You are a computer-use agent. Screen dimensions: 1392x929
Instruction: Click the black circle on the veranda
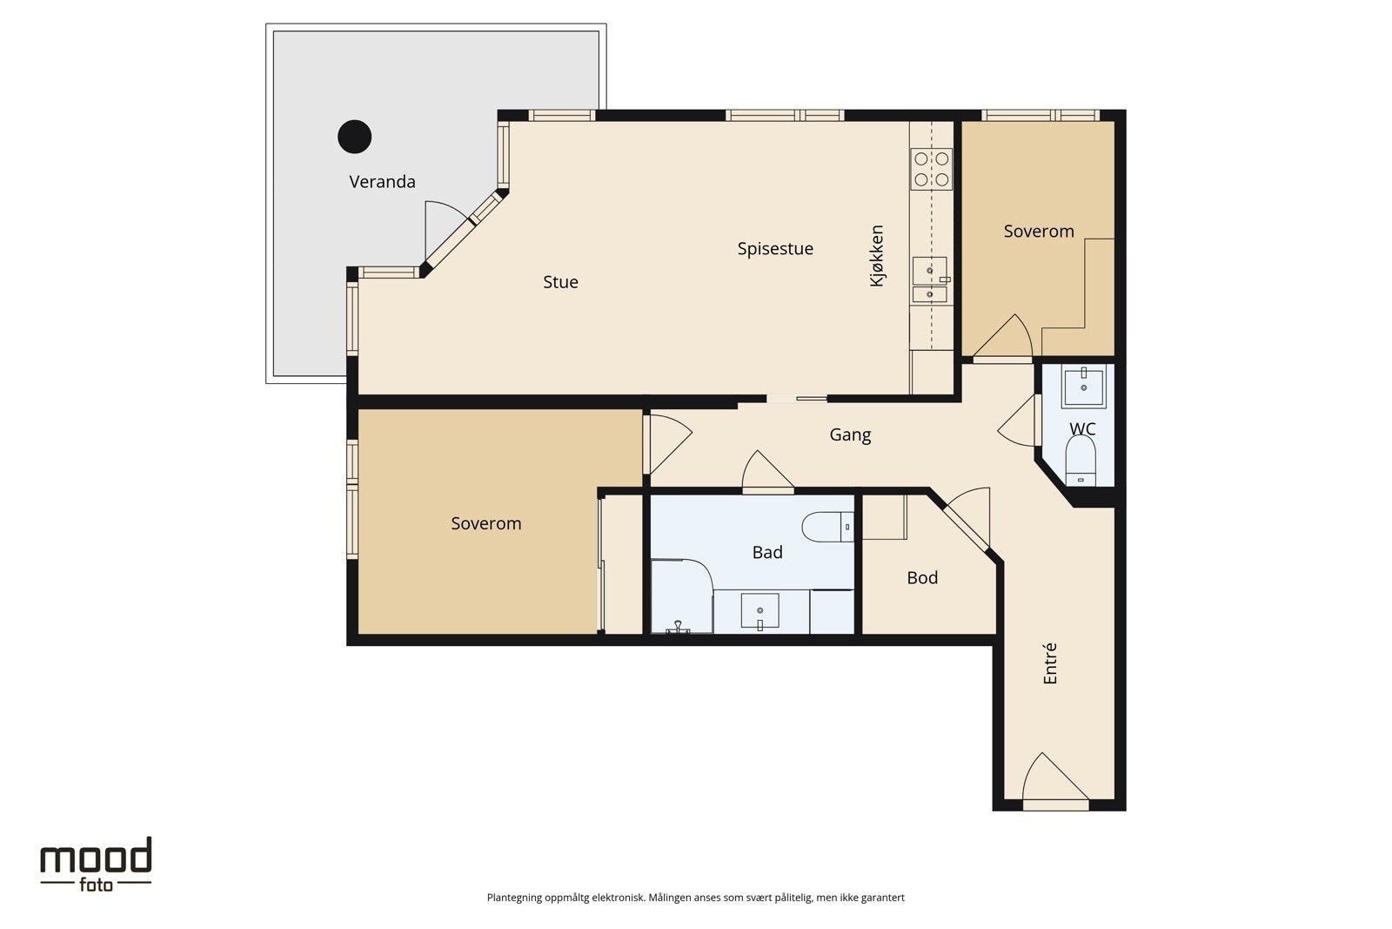click(355, 137)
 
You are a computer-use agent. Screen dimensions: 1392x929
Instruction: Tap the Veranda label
click(382, 182)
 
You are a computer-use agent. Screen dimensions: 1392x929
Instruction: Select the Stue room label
click(560, 282)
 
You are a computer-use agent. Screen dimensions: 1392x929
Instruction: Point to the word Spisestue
click(775, 249)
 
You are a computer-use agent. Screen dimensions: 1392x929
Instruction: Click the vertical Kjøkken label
click(876, 256)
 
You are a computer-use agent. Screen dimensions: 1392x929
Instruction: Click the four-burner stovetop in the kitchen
click(932, 169)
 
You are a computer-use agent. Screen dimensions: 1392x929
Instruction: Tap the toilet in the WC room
click(1081, 461)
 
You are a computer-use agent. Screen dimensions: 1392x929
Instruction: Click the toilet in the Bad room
click(827, 527)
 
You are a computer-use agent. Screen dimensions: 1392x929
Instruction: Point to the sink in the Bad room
click(760, 611)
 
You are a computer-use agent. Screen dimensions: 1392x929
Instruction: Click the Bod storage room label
click(922, 577)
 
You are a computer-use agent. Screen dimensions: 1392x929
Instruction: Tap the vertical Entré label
click(1049, 663)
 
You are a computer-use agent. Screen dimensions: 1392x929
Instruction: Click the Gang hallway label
click(850, 434)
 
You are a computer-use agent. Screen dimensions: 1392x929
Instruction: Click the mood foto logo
click(96, 865)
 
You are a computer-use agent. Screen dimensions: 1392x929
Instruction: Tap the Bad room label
click(767, 552)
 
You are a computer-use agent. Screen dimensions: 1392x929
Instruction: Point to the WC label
click(1082, 429)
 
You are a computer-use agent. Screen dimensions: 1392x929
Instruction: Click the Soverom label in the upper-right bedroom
click(1039, 232)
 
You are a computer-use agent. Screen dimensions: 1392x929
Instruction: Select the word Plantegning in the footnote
click(514, 898)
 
